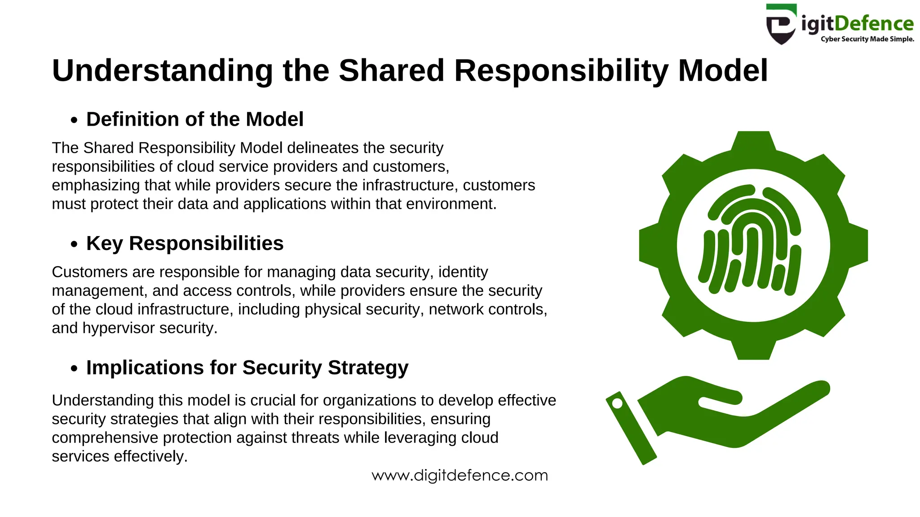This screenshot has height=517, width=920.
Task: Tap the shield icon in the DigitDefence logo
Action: pos(781,25)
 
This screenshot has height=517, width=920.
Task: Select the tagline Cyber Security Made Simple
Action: pos(867,39)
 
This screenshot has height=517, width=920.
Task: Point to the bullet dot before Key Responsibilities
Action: pos(74,244)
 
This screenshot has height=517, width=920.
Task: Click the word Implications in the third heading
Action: pos(145,368)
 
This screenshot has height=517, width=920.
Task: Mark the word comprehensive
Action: pos(105,438)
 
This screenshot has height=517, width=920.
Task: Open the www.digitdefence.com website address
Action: pos(460,475)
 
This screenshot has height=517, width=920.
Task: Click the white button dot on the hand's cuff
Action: pos(617,403)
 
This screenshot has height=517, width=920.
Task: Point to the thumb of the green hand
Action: pos(714,395)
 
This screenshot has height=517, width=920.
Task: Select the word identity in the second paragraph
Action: pos(463,272)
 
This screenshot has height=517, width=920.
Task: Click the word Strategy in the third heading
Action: pos(368,368)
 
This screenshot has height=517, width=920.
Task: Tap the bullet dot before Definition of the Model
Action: pos(74,120)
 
